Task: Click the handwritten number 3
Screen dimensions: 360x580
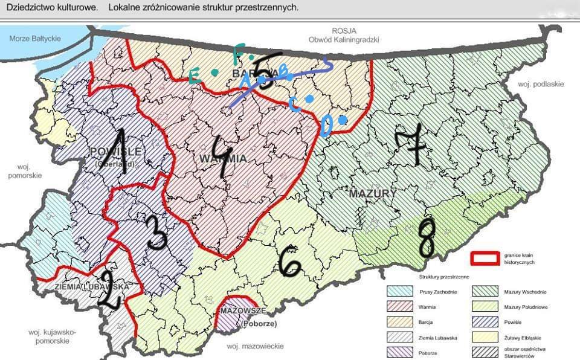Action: tap(156, 233)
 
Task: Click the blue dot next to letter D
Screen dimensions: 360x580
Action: tap(342, 120)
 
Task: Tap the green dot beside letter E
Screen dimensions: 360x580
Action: tap(214, 72)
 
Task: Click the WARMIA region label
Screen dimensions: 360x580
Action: tap(212, 158)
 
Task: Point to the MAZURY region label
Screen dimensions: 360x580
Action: tap(372, 193)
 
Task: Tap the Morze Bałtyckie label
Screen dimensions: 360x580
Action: tap(34, 39)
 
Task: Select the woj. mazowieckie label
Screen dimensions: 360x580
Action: tap(256, 347)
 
